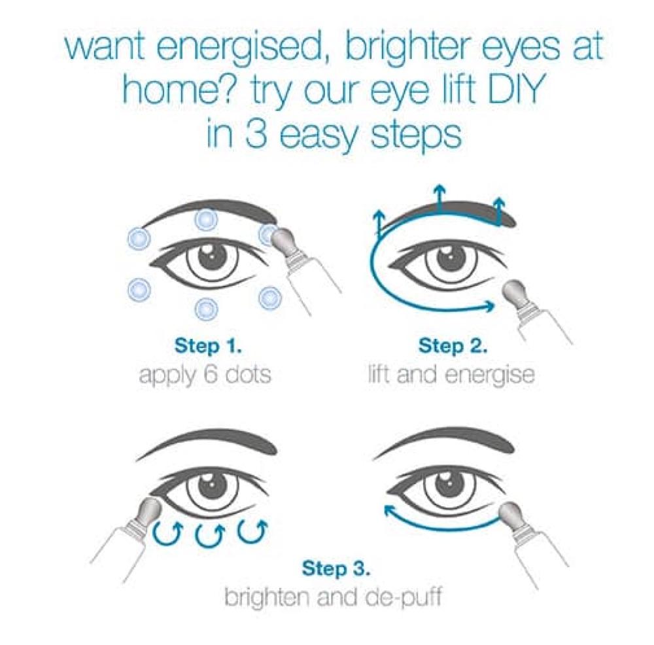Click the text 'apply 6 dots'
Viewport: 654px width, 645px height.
click(x=205, y=377)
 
